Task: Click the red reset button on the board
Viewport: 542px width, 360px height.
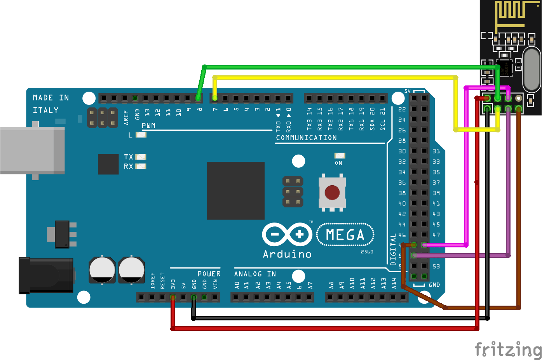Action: click(x=332, y=192)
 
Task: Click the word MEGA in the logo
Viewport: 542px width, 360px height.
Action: click(x=345, y=235)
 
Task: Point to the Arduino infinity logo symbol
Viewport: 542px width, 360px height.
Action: click(x=287, y=235)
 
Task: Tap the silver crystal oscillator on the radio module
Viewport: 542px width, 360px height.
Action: click(x=531, y=69)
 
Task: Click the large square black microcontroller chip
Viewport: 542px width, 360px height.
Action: click(x=235, y=191)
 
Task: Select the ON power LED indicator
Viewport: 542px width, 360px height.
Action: click(x=340, y=156)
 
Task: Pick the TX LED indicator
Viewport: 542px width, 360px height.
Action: click(x=141, y=157)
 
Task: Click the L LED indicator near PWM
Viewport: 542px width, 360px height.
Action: click(x=141, y=135)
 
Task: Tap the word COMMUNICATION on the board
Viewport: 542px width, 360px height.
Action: click(x=306, y=138)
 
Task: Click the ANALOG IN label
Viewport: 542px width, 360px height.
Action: click(x=255, y=274)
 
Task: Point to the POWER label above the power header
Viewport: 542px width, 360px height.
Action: click(x=209, y=274)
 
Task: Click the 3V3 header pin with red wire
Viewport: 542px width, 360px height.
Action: click(x=173, y=297)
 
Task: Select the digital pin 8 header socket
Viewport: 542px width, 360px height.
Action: click(x=198, y=98)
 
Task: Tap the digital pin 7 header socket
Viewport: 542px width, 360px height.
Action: click(x=214, y=98)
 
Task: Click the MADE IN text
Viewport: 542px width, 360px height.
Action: click(x=51, y=98)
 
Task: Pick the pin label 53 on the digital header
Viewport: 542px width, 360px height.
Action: click(x=436, y=266)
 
